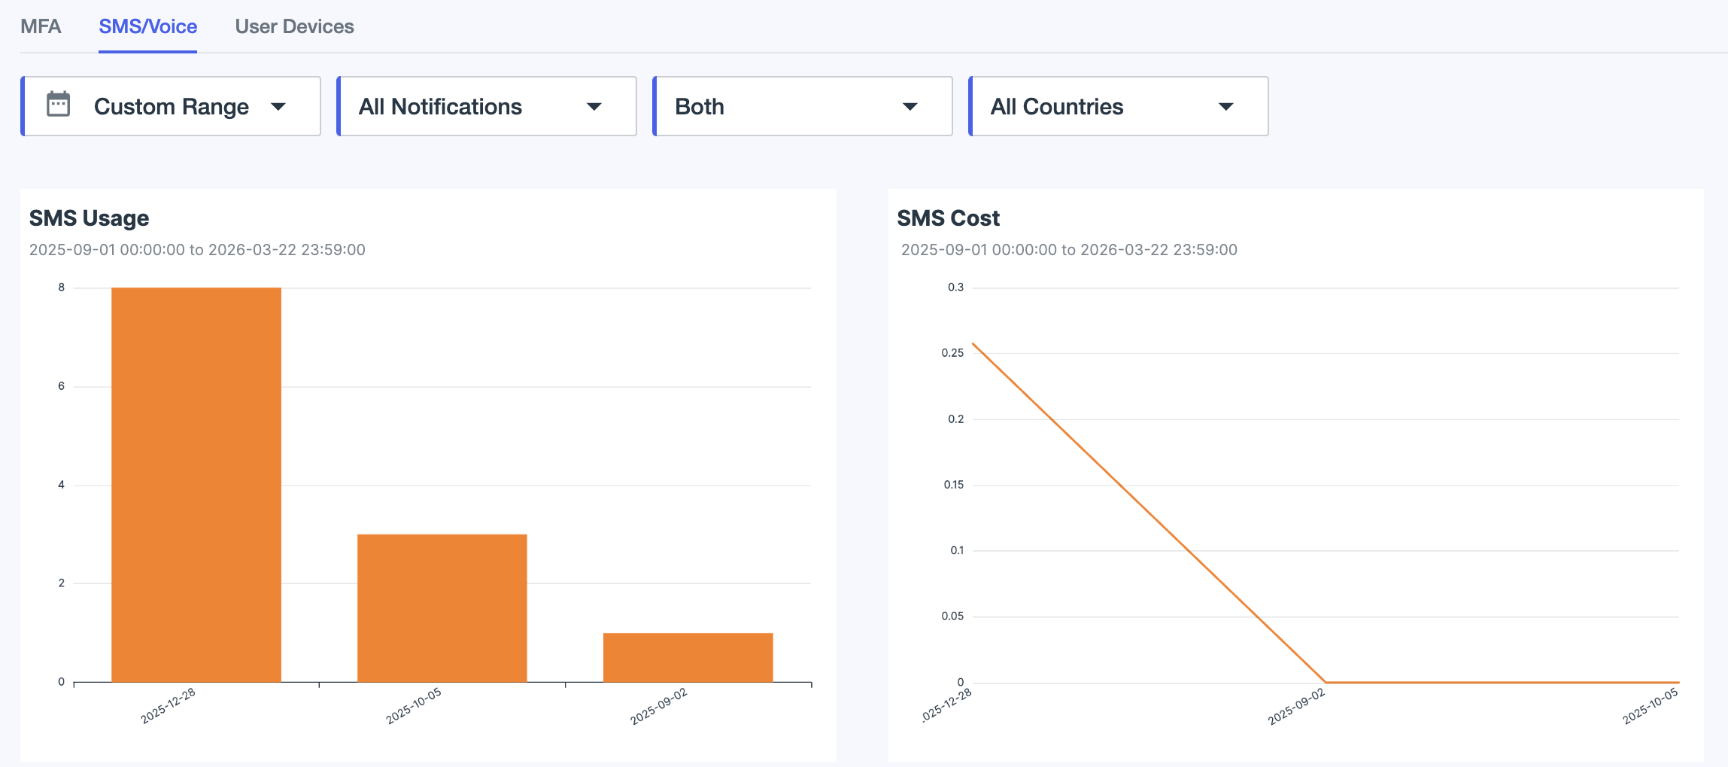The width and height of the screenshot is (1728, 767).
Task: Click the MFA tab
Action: pyautogui.click(x=41, y=26)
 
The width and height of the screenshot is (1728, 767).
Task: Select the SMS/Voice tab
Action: pyautogui.click(x=147, y=26)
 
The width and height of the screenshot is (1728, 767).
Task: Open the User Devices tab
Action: pyautogui.click(x=294, y=26)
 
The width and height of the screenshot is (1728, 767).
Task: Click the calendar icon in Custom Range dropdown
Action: pyautogui.click(x=59, y=105)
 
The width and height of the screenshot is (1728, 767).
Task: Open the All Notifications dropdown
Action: pyautogui.click(x=486, y=106)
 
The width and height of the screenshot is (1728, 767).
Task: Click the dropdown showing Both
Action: pyautogui.click(x=802, y=106)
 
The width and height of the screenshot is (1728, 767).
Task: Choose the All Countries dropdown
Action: pyautogui.click(x=1118, y=106)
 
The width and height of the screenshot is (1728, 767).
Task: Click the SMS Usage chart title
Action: pyautogui.click(x=89, y=218)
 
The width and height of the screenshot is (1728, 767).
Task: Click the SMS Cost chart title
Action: pyautogui.click(x=948, y=218)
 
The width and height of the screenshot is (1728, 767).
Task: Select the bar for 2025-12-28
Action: pyautogui.click(x=196, y=485)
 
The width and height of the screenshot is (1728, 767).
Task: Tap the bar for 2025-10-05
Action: pyautogui.click(x=442, y=608)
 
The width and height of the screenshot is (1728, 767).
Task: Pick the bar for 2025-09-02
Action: pyautogui.click(x=688, y=657)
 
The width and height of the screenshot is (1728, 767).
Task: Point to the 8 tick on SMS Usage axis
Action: pyautogui.click(x=62, y=288)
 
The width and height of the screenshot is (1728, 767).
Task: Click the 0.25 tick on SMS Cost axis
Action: pyautogui.click(x=952, y=353)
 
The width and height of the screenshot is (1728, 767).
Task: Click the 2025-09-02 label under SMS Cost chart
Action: pyautogui.click(x=1296, y=707)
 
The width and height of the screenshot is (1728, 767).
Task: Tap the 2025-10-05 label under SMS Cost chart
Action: pyautogui.click(x=1650, y=707)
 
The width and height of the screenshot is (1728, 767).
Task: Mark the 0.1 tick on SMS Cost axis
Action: pyautogui.click(x=956, y=550)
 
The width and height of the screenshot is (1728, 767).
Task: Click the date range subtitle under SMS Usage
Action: pyautogui.click(x=197, y=250)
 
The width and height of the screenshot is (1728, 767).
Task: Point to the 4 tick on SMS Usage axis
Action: pyautogui.click(x=62, y=485)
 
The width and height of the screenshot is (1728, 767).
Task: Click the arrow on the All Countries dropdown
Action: pyautogui.click(x=1225, y=107)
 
